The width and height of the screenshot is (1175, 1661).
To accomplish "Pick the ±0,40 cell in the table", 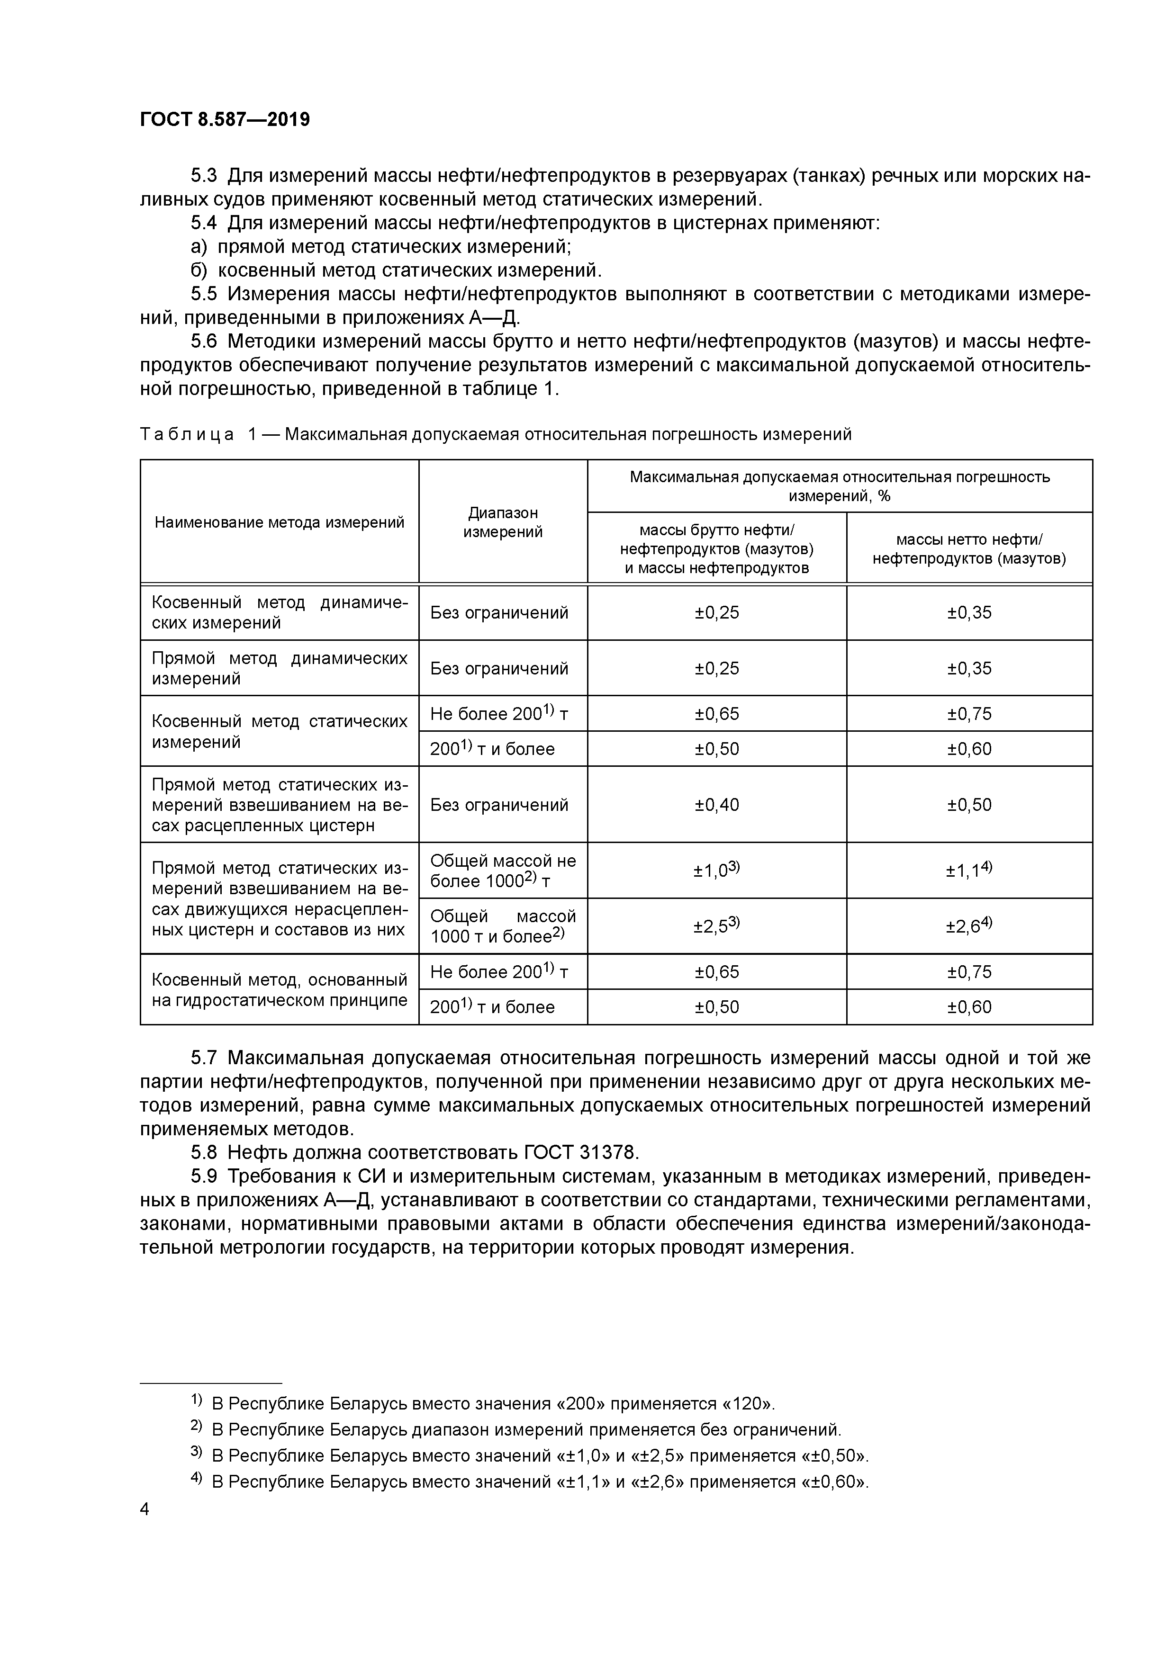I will click(x=716, y=805).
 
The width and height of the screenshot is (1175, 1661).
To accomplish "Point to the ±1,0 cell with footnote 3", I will click(x=716, y=871).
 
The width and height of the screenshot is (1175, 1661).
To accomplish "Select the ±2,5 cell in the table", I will click(x=716, y=926).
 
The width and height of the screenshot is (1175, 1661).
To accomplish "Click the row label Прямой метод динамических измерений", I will click(x=279, y=668).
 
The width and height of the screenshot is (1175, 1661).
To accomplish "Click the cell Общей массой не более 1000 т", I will click(x=503, y=871).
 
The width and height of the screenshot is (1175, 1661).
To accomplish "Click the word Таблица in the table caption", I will click(x=187, y=434).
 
